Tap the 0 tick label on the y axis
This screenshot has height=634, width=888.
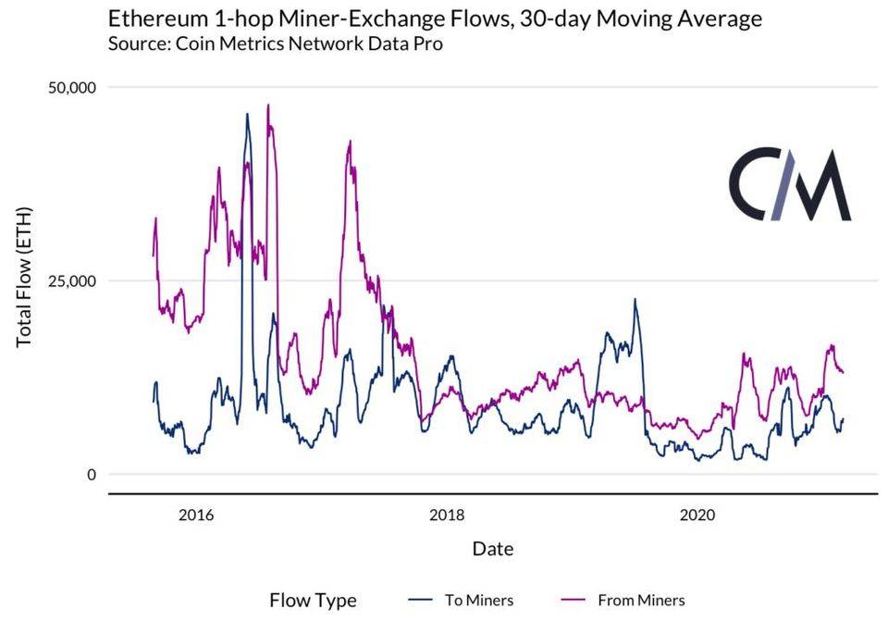tap(91, 475)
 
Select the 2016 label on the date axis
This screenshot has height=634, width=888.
tap(196, 515)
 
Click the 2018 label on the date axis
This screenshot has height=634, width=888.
tap(447, 515)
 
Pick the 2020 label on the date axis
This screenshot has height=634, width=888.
tap(698, 515)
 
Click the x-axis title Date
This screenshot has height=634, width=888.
tap(492, 549)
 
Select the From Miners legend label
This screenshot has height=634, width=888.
tap(641, 600)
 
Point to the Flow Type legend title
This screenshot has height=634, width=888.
tap(313, 600)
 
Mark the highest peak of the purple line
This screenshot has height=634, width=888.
tap(268, 105)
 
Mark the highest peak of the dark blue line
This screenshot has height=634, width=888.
tap(247, 114)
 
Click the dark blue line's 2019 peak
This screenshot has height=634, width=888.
tap(635, 299)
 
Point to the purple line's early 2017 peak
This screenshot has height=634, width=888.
tap(350, 142)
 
